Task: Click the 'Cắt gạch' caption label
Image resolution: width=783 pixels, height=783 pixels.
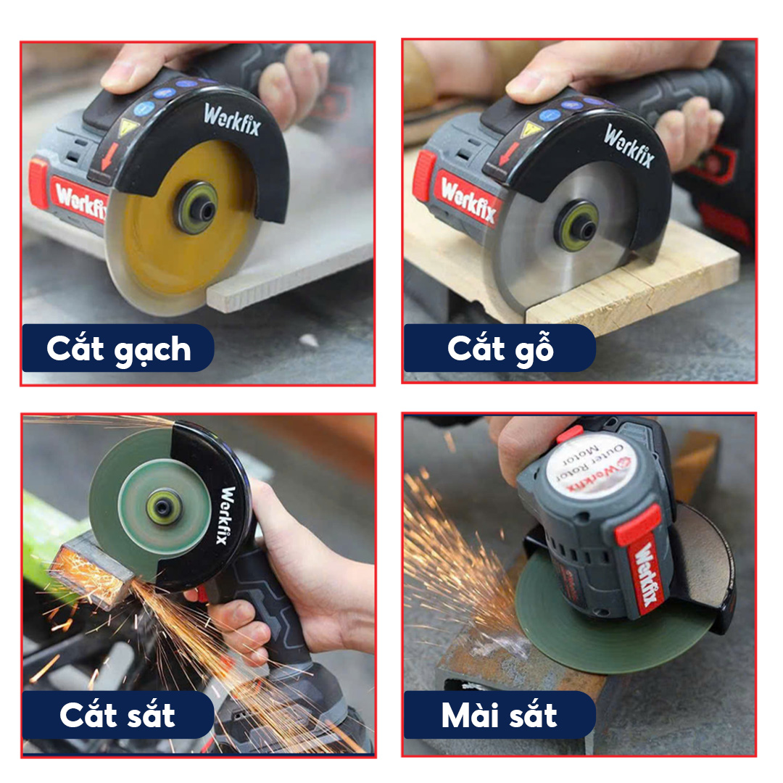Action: coord(118,348)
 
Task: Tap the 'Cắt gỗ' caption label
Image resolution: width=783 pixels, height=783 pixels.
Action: coord(500,348)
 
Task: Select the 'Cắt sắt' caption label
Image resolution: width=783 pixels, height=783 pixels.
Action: coord(118,715)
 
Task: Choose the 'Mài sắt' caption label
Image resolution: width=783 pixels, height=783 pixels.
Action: coord(500,715)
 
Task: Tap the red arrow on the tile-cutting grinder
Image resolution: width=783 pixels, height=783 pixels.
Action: coord(109,157)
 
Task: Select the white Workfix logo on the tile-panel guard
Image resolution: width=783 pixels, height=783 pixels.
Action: coord(232,120)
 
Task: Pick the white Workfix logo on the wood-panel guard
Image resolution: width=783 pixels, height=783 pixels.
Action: coord(629,145)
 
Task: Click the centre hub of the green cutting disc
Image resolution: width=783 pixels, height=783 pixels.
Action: coord(163,506)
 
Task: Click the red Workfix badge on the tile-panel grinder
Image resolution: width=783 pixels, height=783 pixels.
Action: coord(80,200)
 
